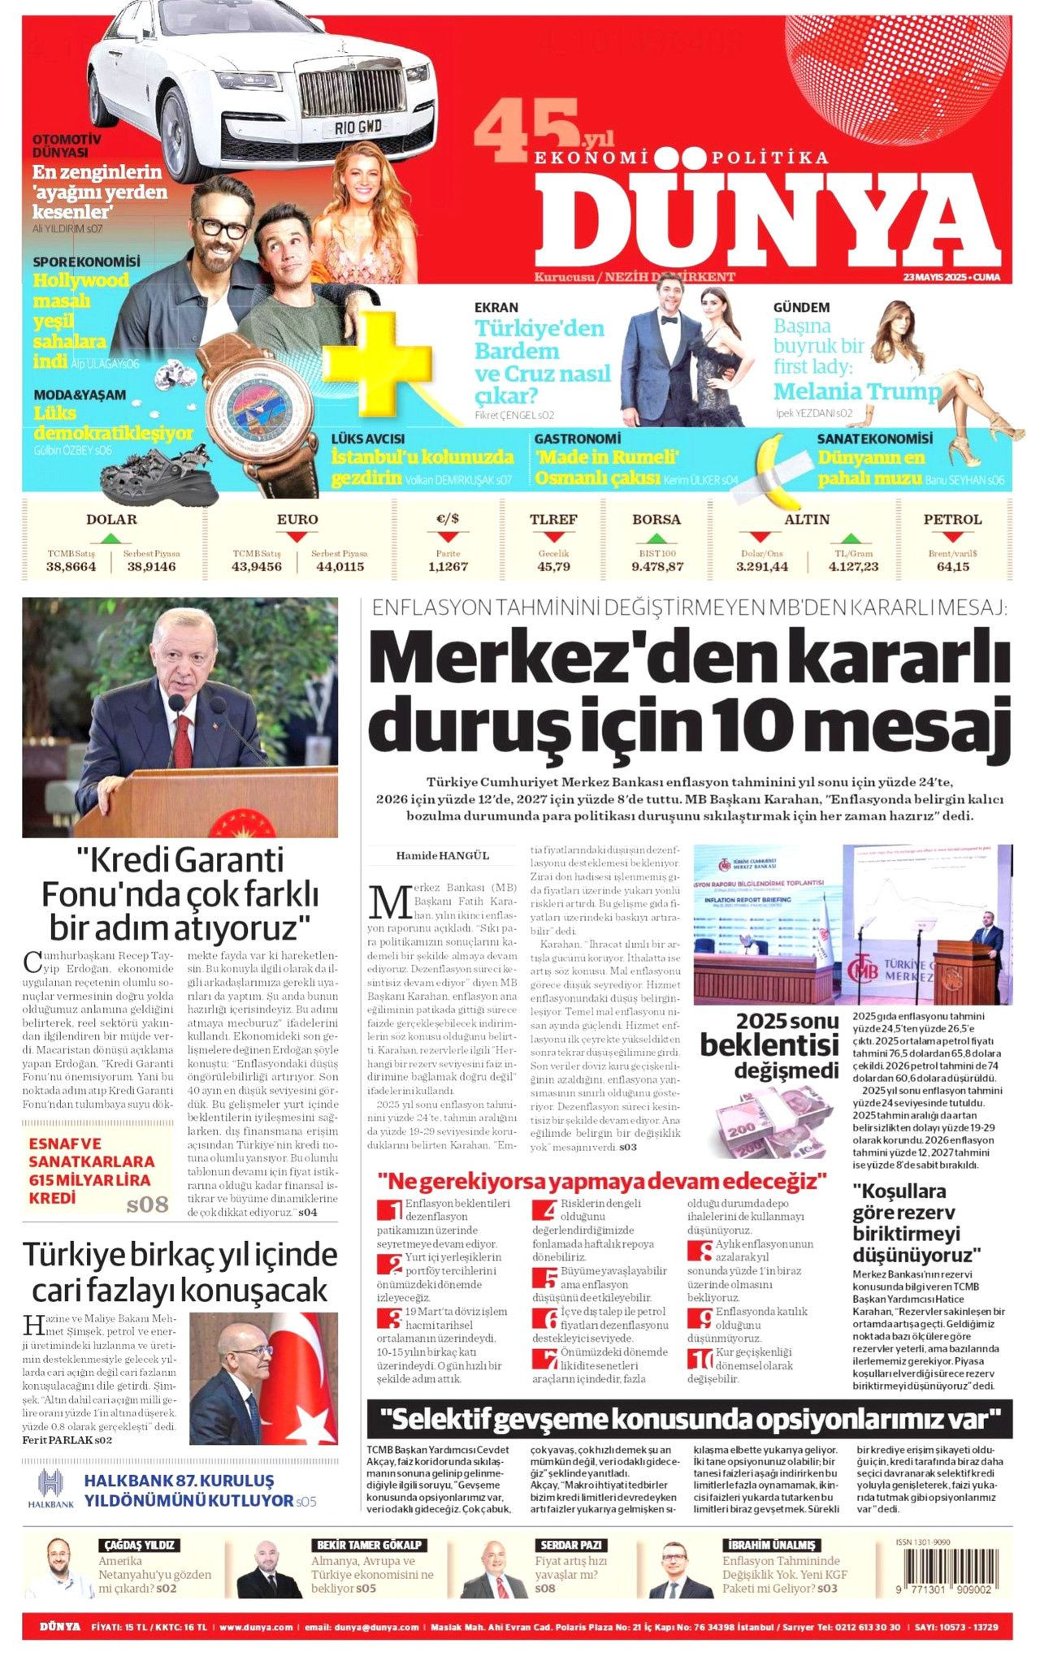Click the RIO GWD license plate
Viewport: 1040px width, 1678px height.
point(358,127)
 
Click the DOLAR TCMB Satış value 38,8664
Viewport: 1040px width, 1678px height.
point(71,566)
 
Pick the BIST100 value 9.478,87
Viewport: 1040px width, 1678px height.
point(656,566)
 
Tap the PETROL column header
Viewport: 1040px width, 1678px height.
point(952,520)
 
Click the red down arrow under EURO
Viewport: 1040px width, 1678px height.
point(297,537)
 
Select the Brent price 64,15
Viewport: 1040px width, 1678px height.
point(952,566)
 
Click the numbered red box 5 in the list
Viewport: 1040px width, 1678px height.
point(545,1278)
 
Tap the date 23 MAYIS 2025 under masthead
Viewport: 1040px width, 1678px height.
point(951,278)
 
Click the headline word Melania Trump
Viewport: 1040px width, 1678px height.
point(856,391)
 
